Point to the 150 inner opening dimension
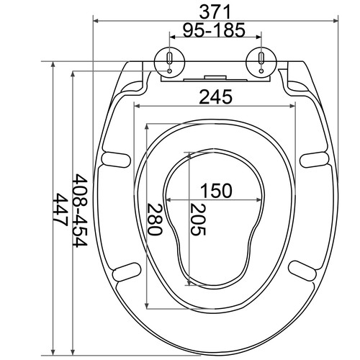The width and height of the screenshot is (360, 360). pos(216,190)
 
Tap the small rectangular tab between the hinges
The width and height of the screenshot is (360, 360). pos(214,77)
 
